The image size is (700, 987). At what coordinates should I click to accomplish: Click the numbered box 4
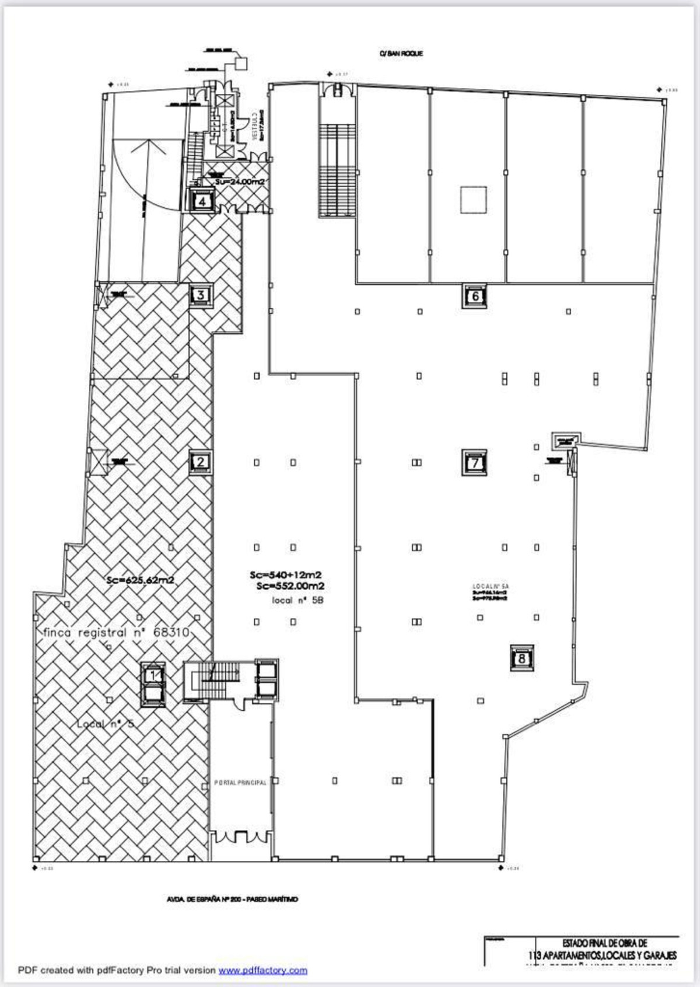(x=202, y=202)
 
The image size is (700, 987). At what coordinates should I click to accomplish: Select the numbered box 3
(x=201, y=295)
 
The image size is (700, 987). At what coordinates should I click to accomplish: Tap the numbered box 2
(x=201, y=462)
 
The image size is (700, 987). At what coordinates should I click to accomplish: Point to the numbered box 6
(x=475, y=297)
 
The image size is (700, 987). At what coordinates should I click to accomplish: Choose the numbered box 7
(x=475, y=463)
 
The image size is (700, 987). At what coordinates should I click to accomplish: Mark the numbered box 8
(x=521, y=658)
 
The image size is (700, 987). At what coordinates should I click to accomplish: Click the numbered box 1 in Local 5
(x=154, y=675)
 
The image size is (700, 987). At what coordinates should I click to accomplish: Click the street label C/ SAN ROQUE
(x=401, y=54)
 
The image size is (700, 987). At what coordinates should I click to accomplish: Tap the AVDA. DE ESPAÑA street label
(x=232, y=899)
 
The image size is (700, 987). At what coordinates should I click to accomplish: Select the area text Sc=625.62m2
(x=141, y=580)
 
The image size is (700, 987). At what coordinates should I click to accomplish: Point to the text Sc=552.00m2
(x=290, y=586)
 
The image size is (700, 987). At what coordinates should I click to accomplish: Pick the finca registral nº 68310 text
(x=116, y=633)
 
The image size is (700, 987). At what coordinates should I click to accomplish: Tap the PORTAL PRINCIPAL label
(x=240, y=783)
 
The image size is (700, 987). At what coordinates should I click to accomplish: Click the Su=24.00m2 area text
(x=240, y=182)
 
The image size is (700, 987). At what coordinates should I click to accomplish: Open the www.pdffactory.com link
(x=262, y=970)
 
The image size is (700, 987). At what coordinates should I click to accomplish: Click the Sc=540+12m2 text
(x=286, y=575)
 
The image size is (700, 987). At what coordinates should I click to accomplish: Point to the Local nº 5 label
(x=106, y=724)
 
